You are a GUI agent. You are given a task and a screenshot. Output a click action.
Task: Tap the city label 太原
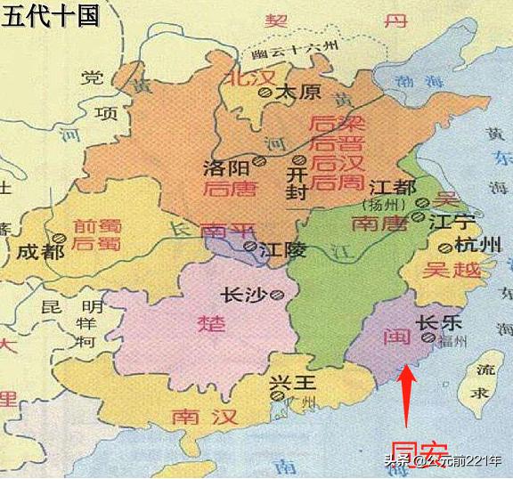pyautogui.click(x=297, y=92)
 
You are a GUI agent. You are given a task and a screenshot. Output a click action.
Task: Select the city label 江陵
pyautogui.click(x=278, y=250)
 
